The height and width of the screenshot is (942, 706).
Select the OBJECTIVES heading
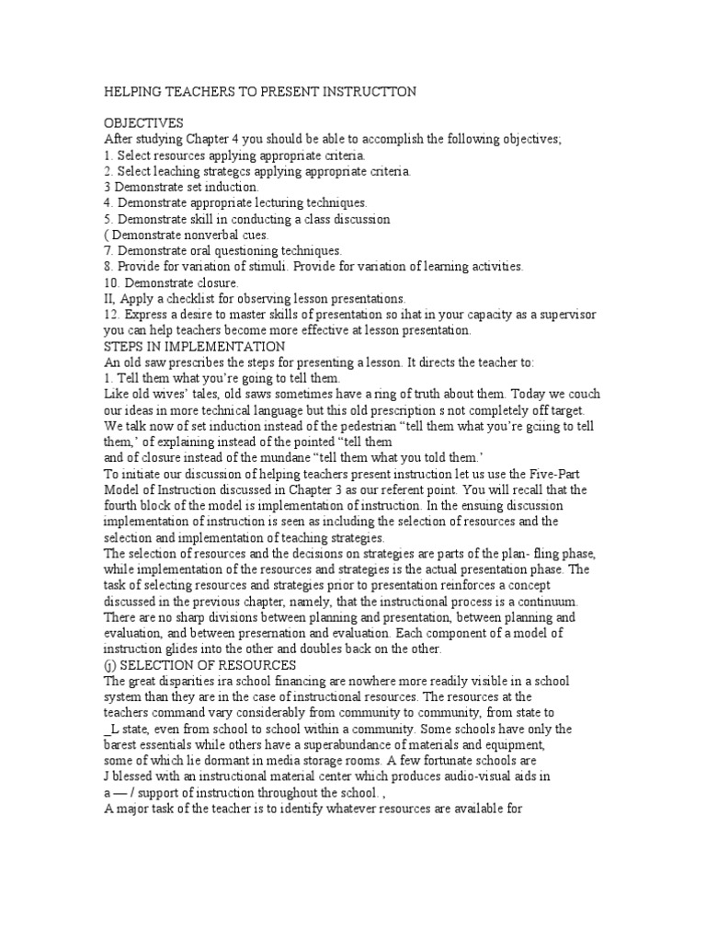tap(144, 122)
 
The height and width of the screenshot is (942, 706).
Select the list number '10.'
tap(112, 281)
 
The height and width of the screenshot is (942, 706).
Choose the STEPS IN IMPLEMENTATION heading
tap(195, 346)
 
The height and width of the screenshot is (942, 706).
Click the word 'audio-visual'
tap(461, 776)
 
